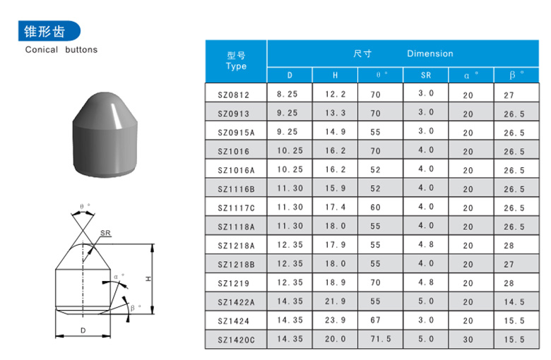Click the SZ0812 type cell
pos(233,95)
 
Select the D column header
pos(290,75)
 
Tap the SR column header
pos(426,75)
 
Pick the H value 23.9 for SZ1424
pos(336,320)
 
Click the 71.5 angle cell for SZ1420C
pos(381,339)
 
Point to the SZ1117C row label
pos(236,208)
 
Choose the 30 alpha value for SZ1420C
pos(468,340)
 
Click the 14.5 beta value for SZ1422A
pos(514,302)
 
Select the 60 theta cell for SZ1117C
pos(375,208)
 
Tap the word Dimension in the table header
pos(430,54)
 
